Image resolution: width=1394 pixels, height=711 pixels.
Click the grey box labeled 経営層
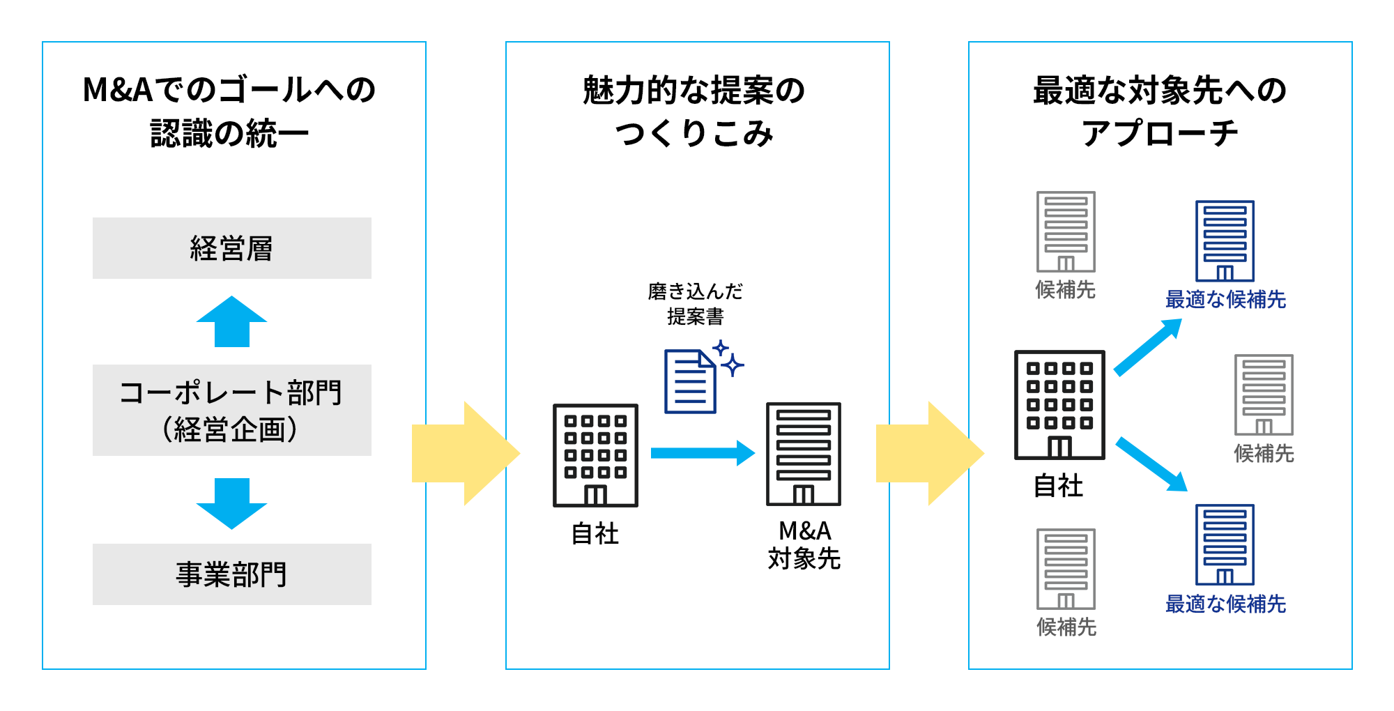click(231, 248)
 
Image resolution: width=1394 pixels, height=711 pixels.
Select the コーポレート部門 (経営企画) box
click(231, 410)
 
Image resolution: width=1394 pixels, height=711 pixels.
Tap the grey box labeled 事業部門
click(231, 574)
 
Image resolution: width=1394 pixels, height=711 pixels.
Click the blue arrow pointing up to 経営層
click(231, 322)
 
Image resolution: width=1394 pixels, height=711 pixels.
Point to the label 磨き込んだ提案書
click(695, 304)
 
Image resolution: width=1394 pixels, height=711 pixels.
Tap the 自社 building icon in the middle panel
click(595, 455)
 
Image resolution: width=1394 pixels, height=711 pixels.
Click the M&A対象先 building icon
click(804, 454)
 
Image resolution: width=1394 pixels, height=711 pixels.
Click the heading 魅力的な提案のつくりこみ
click(695, 112)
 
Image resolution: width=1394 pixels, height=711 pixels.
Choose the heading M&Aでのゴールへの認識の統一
click(230, 112)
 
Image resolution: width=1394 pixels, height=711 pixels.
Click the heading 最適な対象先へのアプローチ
click(1160, 112)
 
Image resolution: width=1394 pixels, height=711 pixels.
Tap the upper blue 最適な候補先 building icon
click(1225, 241)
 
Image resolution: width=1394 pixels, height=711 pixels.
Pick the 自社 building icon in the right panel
click(1059, 405)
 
